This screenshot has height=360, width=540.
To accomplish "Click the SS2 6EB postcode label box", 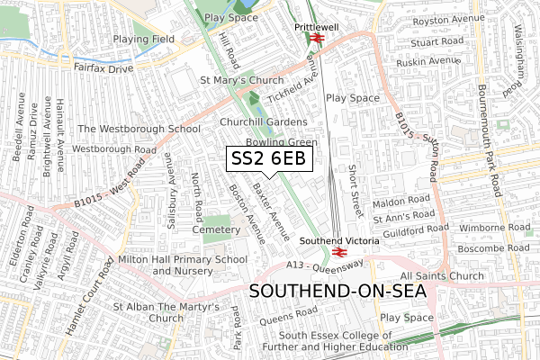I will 269,159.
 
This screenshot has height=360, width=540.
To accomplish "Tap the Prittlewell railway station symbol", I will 315,39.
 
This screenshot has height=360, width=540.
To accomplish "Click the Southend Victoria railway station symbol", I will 326,253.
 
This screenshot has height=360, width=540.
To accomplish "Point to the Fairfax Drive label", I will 103,67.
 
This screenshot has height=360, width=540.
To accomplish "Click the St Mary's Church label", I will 241,80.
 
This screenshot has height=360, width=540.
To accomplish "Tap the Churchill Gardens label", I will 264,121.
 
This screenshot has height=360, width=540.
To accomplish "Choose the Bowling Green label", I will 282,142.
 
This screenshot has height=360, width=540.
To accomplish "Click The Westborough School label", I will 139,129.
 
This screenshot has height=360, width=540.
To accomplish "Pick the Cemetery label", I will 217,229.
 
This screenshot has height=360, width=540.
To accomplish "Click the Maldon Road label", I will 408,200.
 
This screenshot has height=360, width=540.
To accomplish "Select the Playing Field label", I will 142,39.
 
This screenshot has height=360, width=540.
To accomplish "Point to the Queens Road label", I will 290,316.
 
